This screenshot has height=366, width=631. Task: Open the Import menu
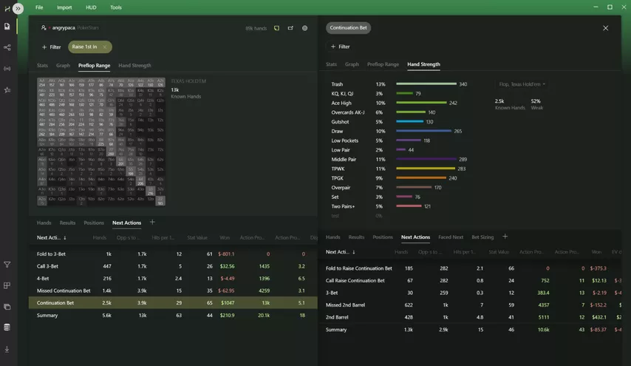point(64,7)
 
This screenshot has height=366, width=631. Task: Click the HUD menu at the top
point(91,7)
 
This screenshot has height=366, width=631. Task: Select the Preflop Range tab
point(94,65)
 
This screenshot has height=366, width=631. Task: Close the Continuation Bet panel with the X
point(605,28)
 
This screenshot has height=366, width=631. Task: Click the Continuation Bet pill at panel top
point(348,28)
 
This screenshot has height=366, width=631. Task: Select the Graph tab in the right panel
point(352,64)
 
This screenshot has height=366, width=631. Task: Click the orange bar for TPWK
point(426,169)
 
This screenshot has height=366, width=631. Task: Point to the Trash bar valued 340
point(426,84)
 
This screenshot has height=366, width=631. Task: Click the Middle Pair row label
point(344,159)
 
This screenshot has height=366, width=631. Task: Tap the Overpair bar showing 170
point(414,188)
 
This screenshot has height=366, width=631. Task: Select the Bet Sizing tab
point(482,237)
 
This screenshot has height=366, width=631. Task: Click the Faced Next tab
point(451,237)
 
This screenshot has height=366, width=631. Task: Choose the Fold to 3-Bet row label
point(53,254)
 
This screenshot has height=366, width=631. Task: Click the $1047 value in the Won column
point(227,302)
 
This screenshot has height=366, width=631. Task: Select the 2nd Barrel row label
point(337,317)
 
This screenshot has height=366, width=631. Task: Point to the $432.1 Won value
point(598,317)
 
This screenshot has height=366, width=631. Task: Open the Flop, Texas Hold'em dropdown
point(522,84)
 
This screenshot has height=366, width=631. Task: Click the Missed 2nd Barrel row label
point(346,305)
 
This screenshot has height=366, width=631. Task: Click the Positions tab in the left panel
point(94,223)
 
